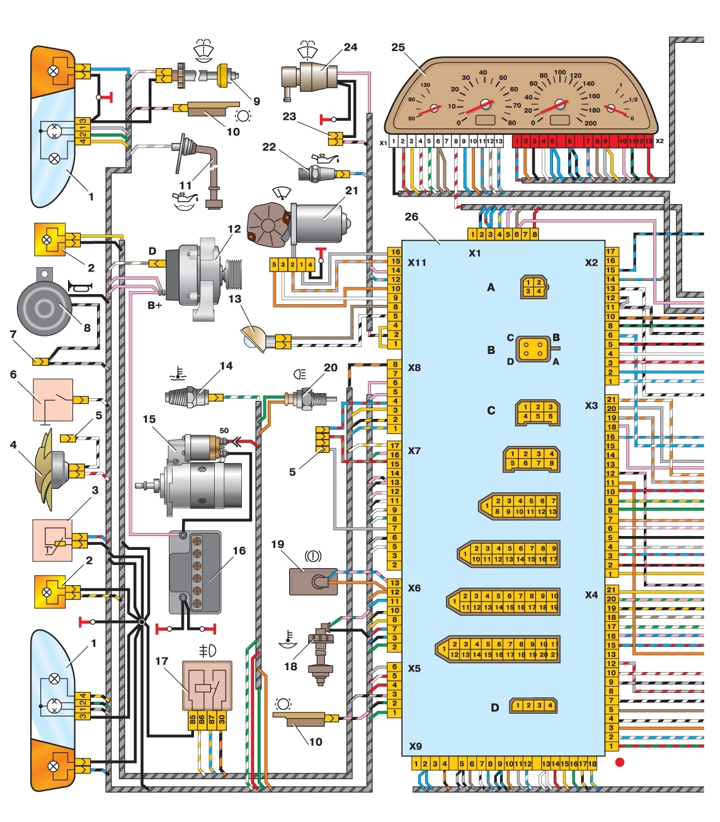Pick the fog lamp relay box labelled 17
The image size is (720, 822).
[x=207, y=686]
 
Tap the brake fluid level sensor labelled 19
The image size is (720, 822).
[x=309, y=580]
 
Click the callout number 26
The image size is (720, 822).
[x=411, y=217]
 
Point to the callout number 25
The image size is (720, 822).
[x=398, y=47]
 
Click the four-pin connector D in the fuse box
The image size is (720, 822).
[x=533, y=705]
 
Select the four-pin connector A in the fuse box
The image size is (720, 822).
[x=533, y=287]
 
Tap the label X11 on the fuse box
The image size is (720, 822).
[x=417, y=262]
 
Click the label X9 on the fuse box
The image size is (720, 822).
[x=415, y=746]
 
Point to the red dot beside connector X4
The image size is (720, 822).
[x=620, y=762]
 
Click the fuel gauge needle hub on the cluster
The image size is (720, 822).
[x=610, y=108]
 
